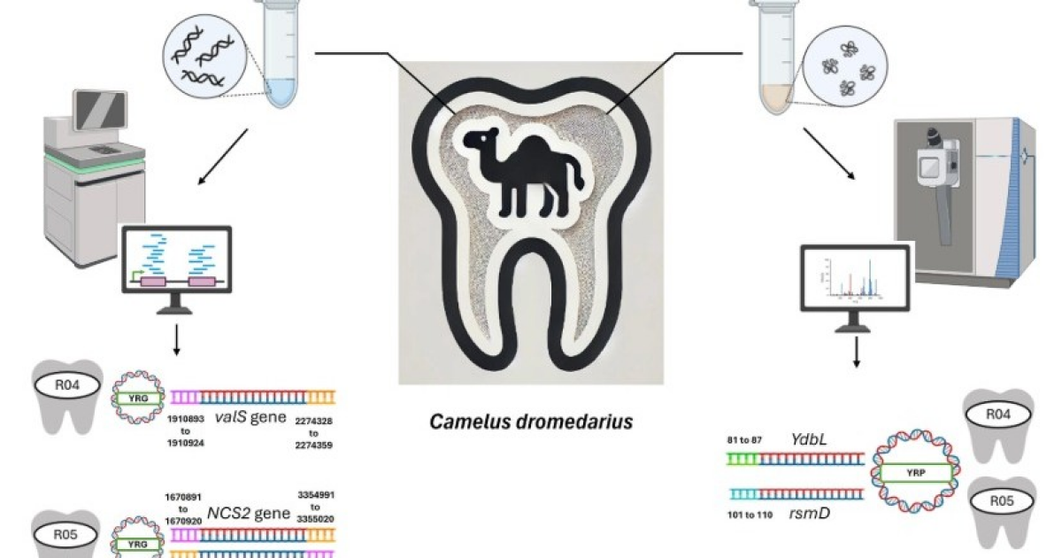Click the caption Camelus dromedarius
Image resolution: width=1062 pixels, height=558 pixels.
pyautogui.click(x=531, y=422)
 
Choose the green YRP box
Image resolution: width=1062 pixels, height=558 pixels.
pyautogui.click(x=918, y=472)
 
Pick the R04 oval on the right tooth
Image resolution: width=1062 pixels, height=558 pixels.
pyautogui.click(x=997, y=414)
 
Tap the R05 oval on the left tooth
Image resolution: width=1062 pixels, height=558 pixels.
pyautogui.click(x=66, y=534)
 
